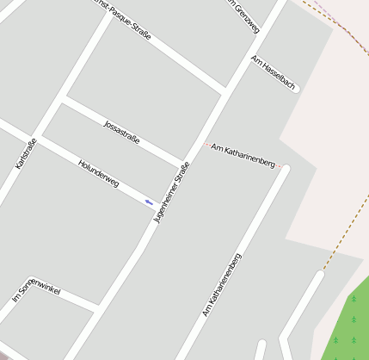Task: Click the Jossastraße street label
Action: click(x=120, y=132)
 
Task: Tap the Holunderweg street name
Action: click(x=98, y=173)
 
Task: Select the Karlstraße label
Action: click(x=26, y=153)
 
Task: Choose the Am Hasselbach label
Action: click(x=274, y=73)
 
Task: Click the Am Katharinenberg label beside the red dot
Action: click(x=243, y=156)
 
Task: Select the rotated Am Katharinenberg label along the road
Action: click(x=222, y=285)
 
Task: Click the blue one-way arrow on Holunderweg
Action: click(x=149, y=202)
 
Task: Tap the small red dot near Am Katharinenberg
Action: click(x=206, y=145)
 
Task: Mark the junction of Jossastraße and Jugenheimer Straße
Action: click(x=182, y=164)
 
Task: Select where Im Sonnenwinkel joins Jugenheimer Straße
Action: click(x=96, y=307)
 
